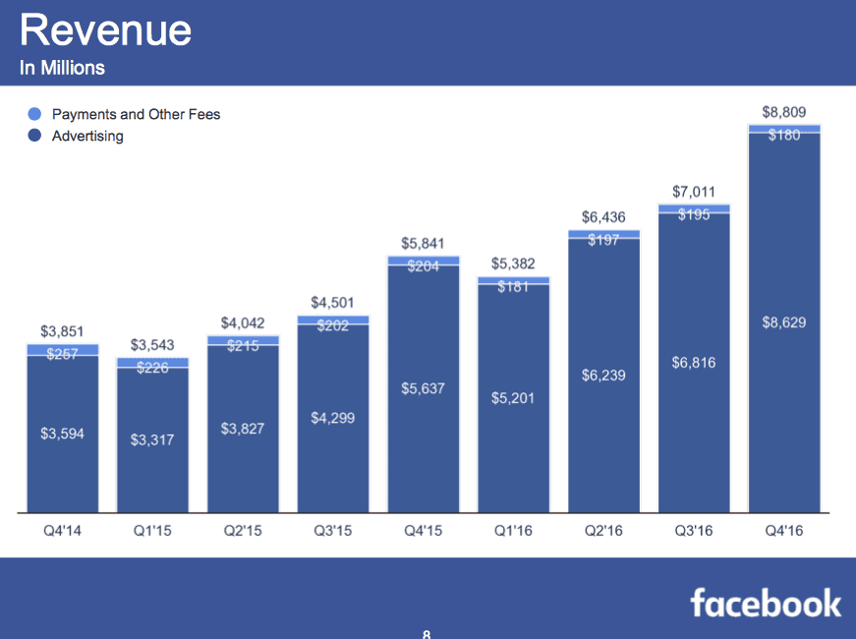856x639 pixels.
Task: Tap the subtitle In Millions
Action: pyautogui.click(x=62, y=69)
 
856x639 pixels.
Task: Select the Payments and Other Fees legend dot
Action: pyautogui.click(x=34, y=114)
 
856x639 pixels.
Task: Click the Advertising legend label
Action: pyautogui.click(x=87, y=136)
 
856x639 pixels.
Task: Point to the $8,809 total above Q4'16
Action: pyautogui.click(x=783, y=112)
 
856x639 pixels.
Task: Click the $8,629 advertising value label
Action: pyautogui.click(x=783, y=322)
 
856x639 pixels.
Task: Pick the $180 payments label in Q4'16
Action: pyautogui.click(x=783, y=135)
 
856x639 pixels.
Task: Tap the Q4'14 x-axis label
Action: pyautogui.click(x=63, y=532)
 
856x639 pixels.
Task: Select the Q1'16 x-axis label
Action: pyautogui.click(x=513, y=532)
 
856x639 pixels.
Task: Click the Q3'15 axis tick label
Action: pyautogui.click(x=333, y=532)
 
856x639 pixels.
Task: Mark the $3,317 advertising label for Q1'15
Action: pyautogui.click(x=152, y=439)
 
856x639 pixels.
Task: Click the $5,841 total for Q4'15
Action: pyautogui.click(x=423, y=242)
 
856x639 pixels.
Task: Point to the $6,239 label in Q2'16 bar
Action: pyautogui.click(x=603, y=375)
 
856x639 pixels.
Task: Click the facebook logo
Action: pyautogui.click(x=766, y=602)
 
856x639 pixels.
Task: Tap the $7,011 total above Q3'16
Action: pyautogui.click(x=693, y=191)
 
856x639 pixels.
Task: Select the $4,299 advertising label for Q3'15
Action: pyautogui.click(x=333, y=418)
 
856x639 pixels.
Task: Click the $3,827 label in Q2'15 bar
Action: pyautogui.click(x=243, y=429)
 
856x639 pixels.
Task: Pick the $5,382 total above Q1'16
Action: pyautogui.click(x=513, y=263)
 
